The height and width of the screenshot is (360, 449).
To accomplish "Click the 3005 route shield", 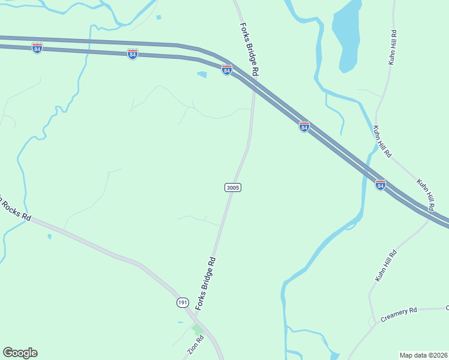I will coord(233,188).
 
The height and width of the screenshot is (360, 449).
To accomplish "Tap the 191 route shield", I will coord(183,302).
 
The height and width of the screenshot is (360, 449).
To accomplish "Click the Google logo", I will coord(20,353).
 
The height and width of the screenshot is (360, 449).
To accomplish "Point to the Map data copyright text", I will coord(423,355).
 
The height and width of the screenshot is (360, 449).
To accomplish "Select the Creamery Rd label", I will coord(399,315).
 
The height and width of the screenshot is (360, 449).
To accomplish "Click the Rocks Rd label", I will coord(14,209).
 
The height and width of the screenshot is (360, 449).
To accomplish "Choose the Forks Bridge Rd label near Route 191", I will coord(205,284).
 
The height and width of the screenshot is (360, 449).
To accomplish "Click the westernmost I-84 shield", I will coord(37,48).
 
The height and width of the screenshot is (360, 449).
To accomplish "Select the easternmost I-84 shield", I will coord(380,184).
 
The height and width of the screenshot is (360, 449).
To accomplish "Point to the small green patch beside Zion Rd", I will coord(197,329).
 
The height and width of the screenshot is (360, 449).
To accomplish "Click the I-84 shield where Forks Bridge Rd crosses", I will coord(226,70).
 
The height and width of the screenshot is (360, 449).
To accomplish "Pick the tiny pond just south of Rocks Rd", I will coord(49,236).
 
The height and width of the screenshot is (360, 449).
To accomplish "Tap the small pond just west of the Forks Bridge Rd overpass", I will coord(202,75).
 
